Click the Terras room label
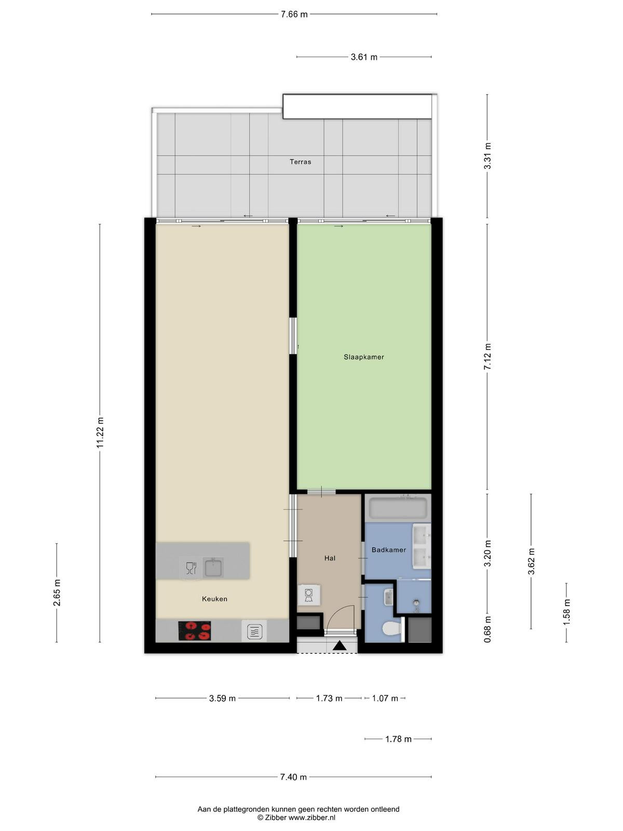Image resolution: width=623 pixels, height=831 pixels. point(301,162)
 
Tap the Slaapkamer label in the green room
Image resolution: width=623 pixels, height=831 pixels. point(364,357)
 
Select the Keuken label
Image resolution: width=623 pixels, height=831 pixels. point(214,598)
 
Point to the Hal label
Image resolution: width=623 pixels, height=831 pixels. point(330,558)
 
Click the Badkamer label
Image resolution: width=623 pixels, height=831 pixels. point(389,549)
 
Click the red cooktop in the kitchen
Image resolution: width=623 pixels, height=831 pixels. point(194,631)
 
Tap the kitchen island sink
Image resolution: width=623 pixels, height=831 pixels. point(213,567)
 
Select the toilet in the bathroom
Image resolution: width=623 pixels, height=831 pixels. point(391,629)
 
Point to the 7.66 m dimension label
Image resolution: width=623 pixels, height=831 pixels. point(294,15)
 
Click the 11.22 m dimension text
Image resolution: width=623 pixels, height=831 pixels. point(100,433)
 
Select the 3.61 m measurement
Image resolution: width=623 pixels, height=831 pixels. point(364,57)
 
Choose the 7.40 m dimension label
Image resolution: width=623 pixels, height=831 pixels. point(293,777)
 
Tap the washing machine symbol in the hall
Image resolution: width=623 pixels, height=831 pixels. point(309,595)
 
